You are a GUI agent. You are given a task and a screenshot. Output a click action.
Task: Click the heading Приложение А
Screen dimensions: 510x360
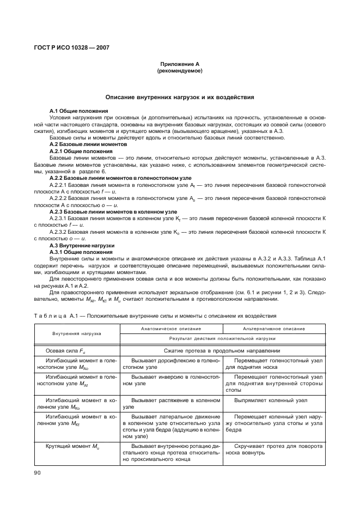(x=179, y=64)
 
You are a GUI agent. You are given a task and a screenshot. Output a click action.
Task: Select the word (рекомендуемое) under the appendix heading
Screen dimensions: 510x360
(x=179, y=71)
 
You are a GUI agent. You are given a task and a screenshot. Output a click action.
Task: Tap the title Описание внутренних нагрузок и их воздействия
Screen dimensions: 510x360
(x=179, y=98)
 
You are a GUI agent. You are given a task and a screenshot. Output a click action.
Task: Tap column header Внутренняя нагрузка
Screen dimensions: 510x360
(x=77, y=333)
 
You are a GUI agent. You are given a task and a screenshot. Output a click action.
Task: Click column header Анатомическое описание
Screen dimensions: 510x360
(x=171, y=329)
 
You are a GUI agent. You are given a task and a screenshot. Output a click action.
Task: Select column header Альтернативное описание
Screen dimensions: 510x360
(x=274, y=329)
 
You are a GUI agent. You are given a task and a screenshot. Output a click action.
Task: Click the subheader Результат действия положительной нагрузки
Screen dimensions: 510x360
(x=222, y=338)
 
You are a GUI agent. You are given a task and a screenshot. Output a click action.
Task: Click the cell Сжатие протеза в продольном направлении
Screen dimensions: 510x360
(x=222, y=351)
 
